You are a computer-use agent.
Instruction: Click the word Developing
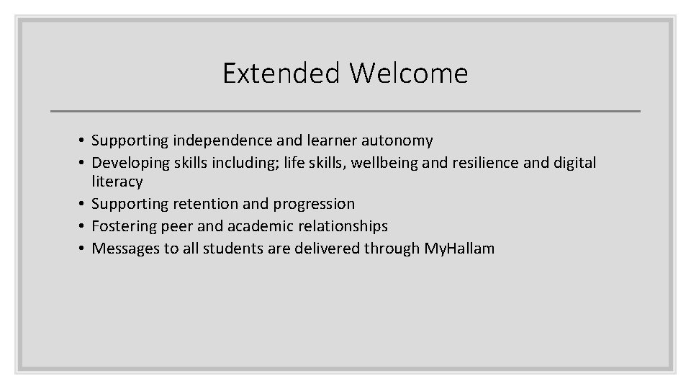click(x=131, y=163)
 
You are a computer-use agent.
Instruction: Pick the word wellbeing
click(x=384, y=163)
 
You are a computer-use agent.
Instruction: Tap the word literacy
click(x=117, y=182)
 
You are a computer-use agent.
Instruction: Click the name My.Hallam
click(x=459, y=249)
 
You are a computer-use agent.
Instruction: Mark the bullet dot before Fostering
click(x=83, y=227)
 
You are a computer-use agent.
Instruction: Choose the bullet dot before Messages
click(x=83, y=249)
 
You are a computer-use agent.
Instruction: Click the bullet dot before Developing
click(x=83, y=164)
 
